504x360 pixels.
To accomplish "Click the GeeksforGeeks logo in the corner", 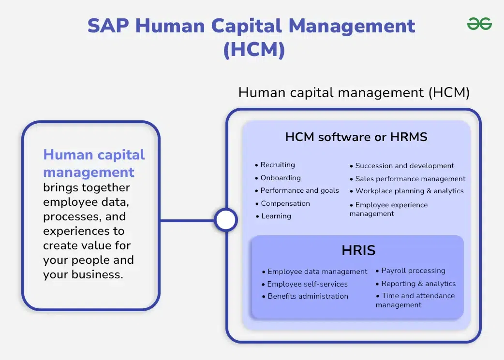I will point(479,23).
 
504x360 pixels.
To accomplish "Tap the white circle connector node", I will point(225,220).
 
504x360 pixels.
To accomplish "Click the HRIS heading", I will point(358,251).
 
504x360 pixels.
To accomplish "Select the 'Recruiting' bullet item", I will point(277,165).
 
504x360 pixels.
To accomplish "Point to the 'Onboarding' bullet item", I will point(280,178).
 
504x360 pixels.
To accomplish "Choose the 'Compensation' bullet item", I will point(285,203).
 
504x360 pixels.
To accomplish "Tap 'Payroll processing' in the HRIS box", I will point(413,271).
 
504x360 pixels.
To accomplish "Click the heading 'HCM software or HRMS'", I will point(356,137).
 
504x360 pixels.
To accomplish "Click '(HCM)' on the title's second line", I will point(254,50).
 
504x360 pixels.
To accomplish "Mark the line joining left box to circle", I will point(187,221).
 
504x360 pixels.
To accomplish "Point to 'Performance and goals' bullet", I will point(299,190).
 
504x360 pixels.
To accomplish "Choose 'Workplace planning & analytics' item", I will point(409,191).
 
